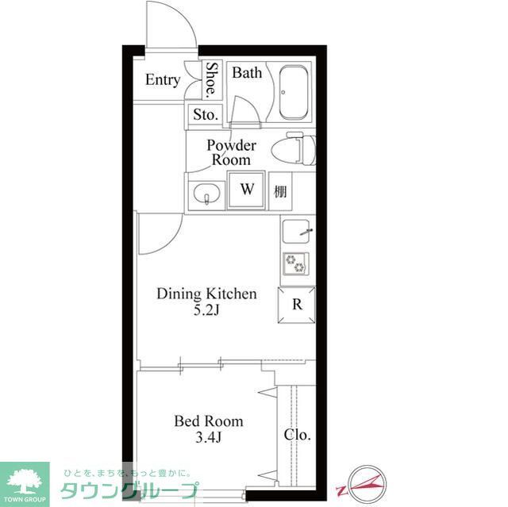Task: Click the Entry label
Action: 163,80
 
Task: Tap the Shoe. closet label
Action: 213,79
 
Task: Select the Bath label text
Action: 247,73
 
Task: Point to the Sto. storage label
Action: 205,115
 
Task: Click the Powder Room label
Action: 231,152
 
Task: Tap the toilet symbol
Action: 293,149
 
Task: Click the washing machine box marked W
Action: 247,191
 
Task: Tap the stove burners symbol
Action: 296,263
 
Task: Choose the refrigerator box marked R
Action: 297,304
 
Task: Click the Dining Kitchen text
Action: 206,294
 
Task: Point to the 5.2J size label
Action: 205,310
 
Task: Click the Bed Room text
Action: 208,421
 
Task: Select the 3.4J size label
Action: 208,438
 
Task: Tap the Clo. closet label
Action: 298,435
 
